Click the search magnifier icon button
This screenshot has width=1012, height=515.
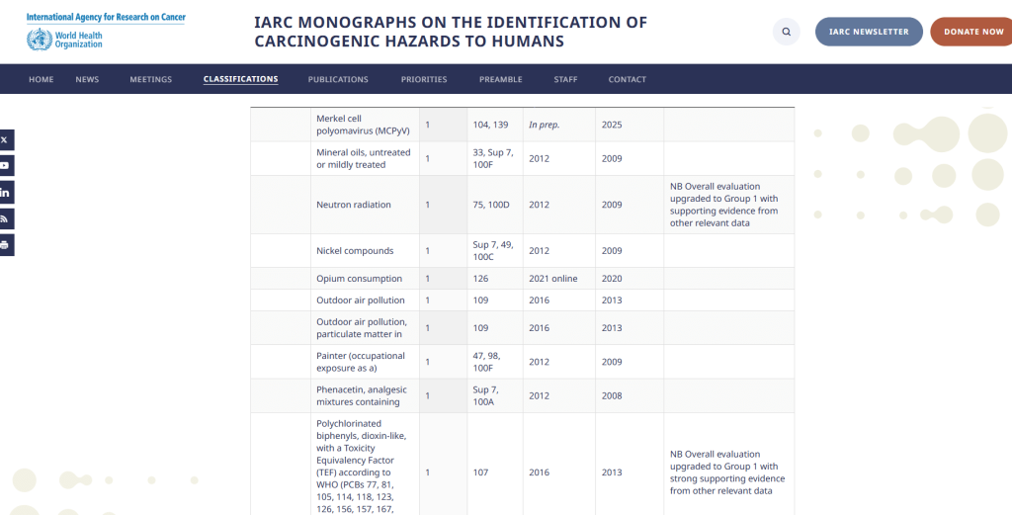(x=786, y=32)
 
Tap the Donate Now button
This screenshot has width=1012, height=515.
(x=972, y=32)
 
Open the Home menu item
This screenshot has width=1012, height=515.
(x=42, y=79)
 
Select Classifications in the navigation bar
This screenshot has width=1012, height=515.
(x=240, y=79)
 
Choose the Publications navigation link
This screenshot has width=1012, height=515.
(x=338, y=79)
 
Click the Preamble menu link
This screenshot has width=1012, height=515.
(x=501, y=79)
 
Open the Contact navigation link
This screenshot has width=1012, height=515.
(x=628, y=79)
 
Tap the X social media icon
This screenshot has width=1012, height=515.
(x=6, y=140)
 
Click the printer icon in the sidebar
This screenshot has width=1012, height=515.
(x=6, y=244)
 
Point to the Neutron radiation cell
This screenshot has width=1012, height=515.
(x=354, y=205)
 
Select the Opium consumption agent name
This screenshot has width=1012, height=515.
(x=359, y=279)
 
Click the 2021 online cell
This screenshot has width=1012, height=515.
(x=552, y=279)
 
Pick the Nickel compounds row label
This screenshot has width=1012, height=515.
(x=355, y=251)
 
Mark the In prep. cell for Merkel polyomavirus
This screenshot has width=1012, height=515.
(x=545, y=125)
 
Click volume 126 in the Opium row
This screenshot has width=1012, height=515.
(x=481, y=279)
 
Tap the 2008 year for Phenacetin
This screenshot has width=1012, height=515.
(x=612, y=395)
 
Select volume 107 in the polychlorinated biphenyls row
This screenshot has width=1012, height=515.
(x=481, y=472)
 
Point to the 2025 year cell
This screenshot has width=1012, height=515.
(x=612, y=125)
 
